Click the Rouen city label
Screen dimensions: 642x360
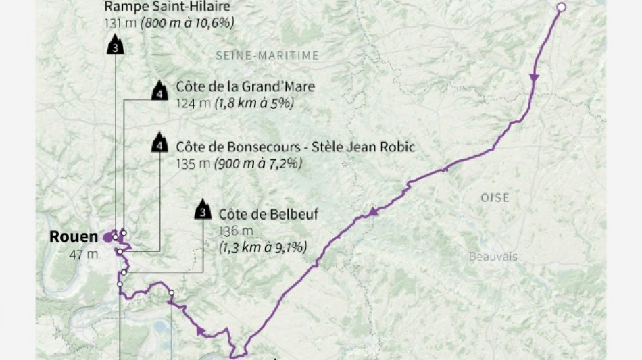pyautogui.click(x=74, y=237)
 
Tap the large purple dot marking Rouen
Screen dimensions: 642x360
pyautogui.click(x=107, y=237)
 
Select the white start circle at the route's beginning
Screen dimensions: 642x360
pyautogui.click(x=561, y=8)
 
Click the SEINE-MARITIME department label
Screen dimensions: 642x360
pyautogui.click(x=267, y=56)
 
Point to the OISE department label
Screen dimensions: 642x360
pyautogui.click(x=495, y=198)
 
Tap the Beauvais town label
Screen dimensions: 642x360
pyautogui.click(x=493, y=256)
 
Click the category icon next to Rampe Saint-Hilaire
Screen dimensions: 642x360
pyautogui.click(x=116, y=46)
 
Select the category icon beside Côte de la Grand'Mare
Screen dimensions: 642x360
pyautogui.click(x=159, y=92)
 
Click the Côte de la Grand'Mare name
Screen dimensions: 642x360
pyautogui.click(x=245, y=87)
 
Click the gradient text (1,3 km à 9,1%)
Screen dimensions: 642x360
pyautogui.click(x=263, y=247)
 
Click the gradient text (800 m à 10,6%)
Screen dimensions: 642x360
pyautogui.click(x=188, y=23)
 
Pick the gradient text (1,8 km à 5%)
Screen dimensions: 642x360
pyautogui.click(x=254, y=103)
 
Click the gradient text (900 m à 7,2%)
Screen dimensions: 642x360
pyautogui.click(x=258, y=163)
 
